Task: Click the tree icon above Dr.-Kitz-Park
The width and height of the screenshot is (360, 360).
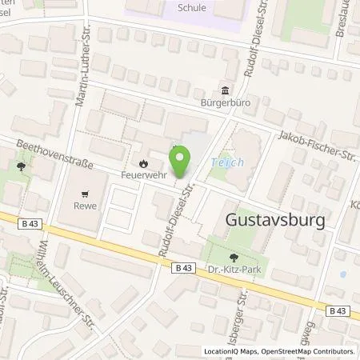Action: pyautogui.click(x=234, y=258)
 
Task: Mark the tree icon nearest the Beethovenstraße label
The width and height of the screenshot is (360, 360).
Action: pyautogui.click(x=20, y=167)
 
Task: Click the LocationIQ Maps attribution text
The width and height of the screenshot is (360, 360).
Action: pyautogui.click(x=230, y=351)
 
